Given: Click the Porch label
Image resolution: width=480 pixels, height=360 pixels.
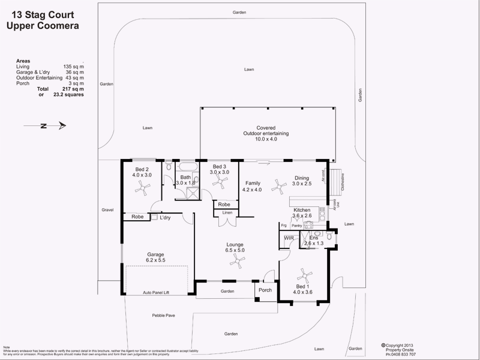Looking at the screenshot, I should [265, 290].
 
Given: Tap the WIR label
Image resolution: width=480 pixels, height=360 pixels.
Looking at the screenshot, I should [289, 238].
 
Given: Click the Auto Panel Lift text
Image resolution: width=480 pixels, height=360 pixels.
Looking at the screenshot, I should [157, 292].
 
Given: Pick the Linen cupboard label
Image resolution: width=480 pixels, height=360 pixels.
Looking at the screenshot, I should [227, 213].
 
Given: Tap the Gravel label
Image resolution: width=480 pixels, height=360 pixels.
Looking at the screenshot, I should [107, 210].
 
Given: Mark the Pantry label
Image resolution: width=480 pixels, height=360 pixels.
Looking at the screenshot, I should [296, 225].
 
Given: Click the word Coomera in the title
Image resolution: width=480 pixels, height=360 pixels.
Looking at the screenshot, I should [56, 26].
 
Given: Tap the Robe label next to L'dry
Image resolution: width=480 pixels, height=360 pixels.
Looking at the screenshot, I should [137, 217].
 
